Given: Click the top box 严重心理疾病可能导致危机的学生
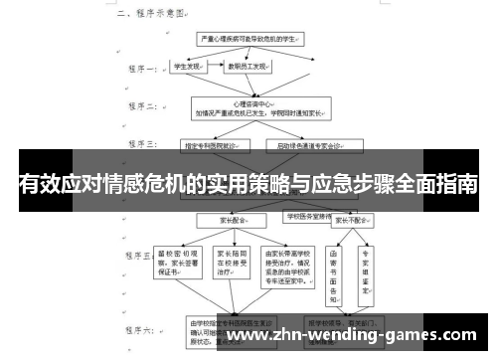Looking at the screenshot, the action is pyautogui.click(x=249, y=37).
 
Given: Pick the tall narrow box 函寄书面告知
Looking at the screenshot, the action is pyautogui.click(x=334, y=269).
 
